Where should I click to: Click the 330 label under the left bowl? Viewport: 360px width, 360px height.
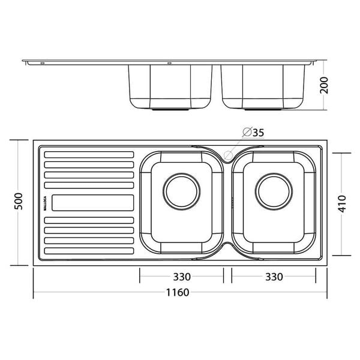click(x=182, y=277)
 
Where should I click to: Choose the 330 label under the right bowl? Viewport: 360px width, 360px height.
click(x=273, y=277)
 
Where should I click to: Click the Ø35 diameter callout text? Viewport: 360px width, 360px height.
click(x=254, y=132)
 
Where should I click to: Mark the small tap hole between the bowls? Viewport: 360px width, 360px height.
click(x=228, y=155)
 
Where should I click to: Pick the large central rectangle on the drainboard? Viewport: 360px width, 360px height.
click(x=92, y=203)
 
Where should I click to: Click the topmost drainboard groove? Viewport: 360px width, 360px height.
click(x=89, y=154)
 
